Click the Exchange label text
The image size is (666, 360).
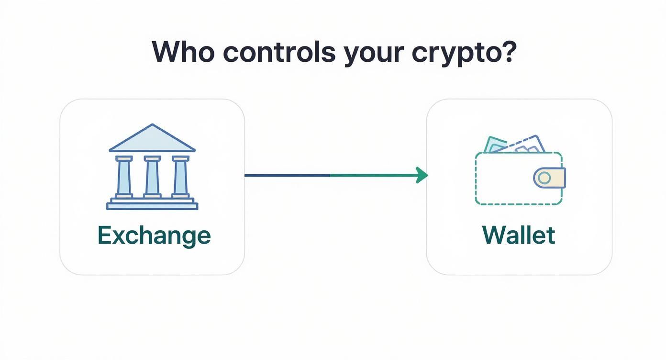(154, 236)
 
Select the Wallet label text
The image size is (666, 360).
(519, 235)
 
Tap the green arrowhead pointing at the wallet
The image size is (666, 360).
(422, 175)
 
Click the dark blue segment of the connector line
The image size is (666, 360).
(287, 175)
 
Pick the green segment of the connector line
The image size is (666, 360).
(373, 175)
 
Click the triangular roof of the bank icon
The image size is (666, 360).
(152, 140)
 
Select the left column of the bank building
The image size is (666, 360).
(124, 177)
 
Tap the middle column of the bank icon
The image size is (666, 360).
(152, 177)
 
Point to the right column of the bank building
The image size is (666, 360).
(181, 177)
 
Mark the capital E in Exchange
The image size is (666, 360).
(104, 235)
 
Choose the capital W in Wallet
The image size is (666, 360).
(494, 235)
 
